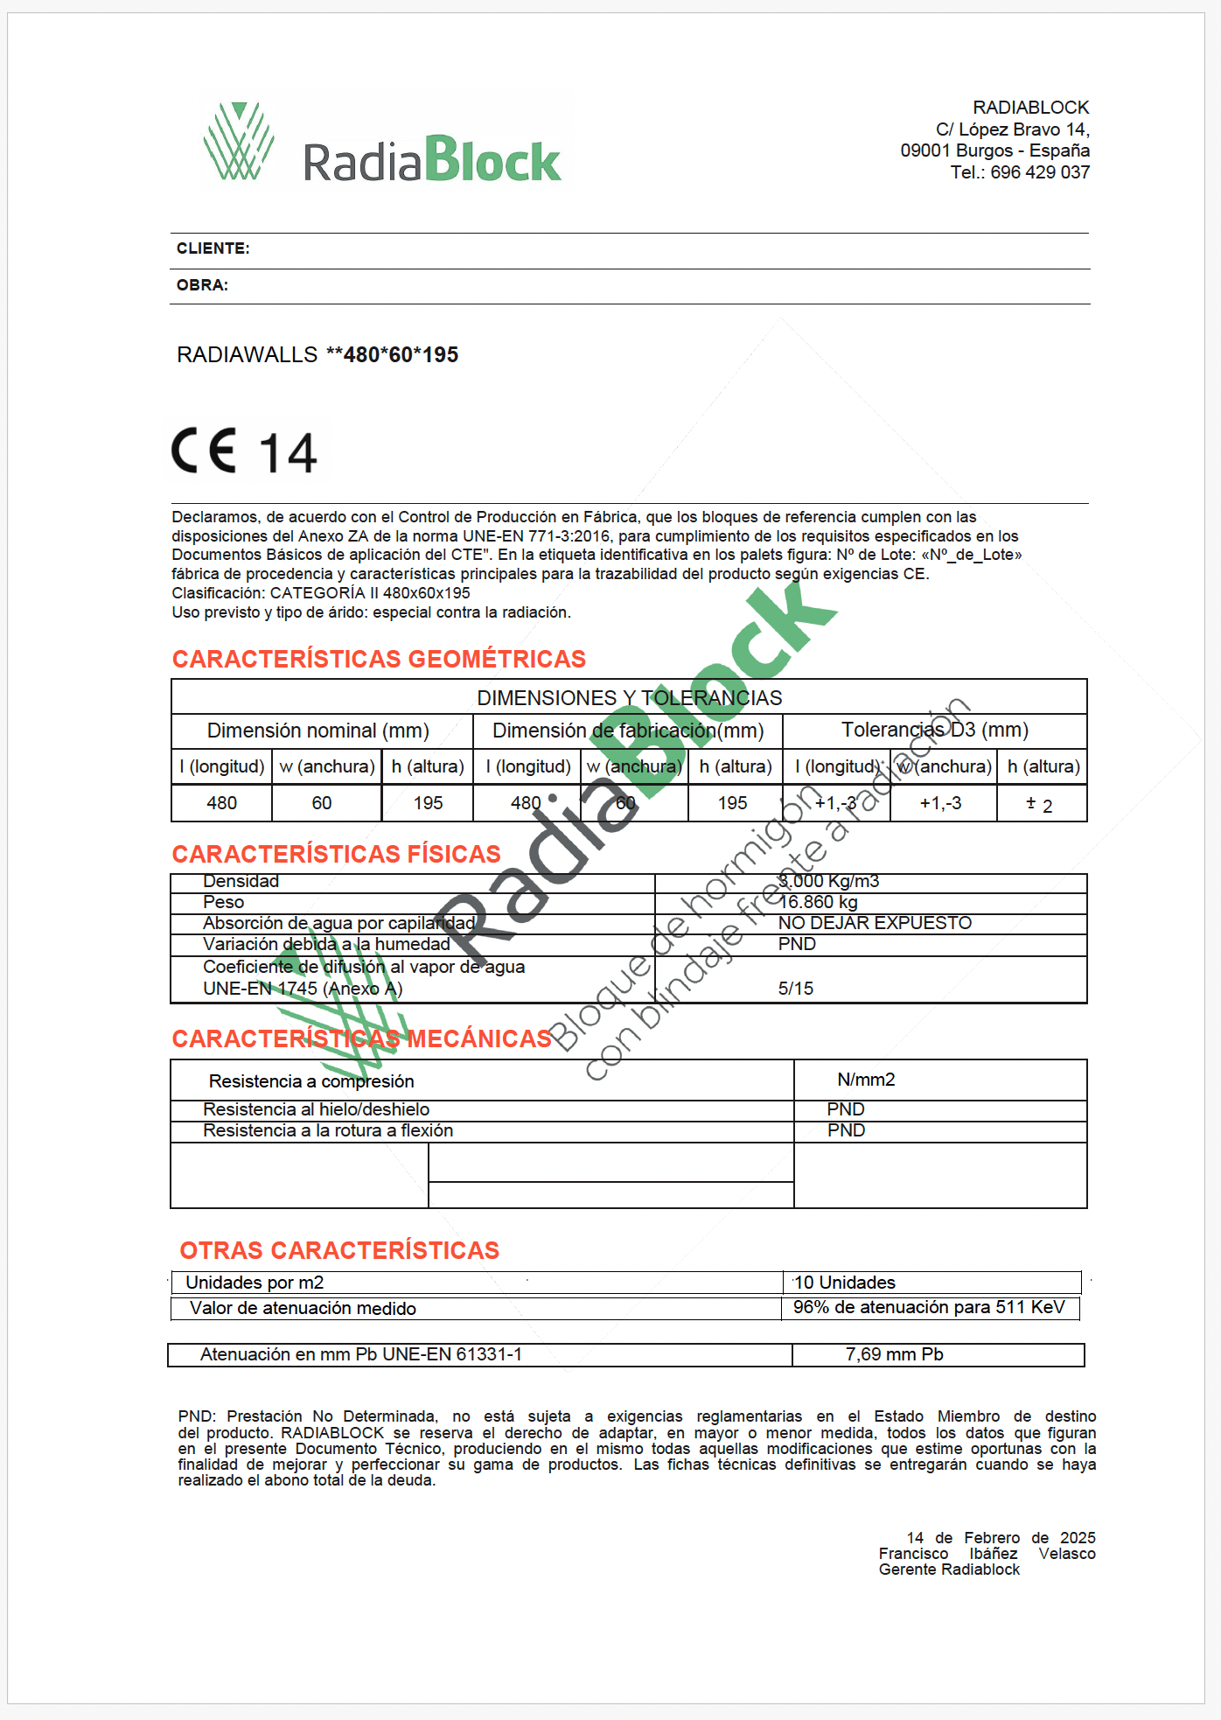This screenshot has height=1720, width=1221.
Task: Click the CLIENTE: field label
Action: click(213, 248)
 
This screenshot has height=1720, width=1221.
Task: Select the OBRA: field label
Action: click(202, 285)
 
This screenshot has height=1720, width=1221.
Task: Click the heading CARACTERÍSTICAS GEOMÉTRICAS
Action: click(379, 659)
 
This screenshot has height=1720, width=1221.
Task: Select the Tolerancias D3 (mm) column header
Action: click(934, 730)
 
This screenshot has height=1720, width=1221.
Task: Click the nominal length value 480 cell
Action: click(221, 803)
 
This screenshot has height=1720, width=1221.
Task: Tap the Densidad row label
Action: click(241, 881)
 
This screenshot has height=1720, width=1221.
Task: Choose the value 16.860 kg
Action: click(818, 902)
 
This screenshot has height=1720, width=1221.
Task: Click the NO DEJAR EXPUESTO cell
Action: click(875, 923)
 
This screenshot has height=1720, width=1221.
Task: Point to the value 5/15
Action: click(796, 989)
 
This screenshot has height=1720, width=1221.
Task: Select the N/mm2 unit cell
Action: click(866, 1080)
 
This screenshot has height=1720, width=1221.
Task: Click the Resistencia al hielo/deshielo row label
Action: click(316, 1109)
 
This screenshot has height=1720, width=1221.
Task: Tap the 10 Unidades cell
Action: click(845, 1283)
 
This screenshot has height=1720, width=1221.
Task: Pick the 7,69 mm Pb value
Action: click(894, 1354)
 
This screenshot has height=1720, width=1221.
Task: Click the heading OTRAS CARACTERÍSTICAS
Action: click(339, 1250)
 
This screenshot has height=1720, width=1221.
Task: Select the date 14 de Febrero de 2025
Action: click(1001, 1538)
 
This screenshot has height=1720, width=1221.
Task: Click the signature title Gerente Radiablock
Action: click(949, 1570)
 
